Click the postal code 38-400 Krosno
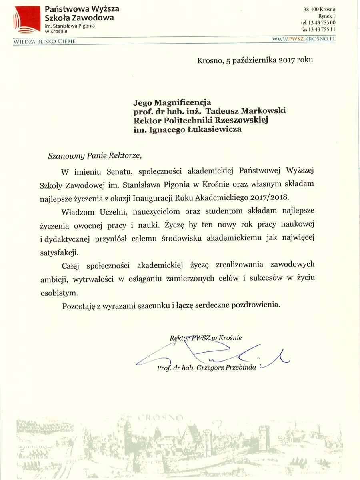pos(319,9)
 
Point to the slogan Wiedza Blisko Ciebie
pos(44,41)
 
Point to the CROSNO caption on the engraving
pos(160,418)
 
